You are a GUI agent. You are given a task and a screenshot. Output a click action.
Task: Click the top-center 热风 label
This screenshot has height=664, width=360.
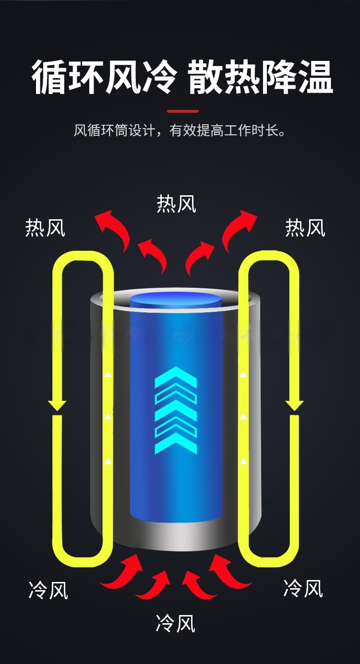[177, 203]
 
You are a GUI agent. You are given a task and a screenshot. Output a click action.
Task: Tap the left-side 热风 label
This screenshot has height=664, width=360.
[45, 228]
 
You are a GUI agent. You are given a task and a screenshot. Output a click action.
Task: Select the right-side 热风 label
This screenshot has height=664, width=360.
[305, 228]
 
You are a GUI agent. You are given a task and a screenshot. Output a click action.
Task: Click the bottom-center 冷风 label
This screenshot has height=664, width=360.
[176, 623]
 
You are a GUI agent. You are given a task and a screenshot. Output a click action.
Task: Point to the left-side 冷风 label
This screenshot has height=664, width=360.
[48, 590]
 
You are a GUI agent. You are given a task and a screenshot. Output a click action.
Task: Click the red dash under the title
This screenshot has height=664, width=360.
[183, 111]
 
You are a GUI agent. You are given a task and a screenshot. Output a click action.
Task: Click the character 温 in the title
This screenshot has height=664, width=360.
[315, 77]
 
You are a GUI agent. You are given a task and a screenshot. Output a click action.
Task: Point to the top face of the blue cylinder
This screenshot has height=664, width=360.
[176, 302]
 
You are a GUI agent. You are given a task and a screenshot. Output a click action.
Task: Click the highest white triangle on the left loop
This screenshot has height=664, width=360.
[108, 374]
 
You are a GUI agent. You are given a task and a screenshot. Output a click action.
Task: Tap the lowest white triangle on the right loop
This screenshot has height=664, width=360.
[243, 461]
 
